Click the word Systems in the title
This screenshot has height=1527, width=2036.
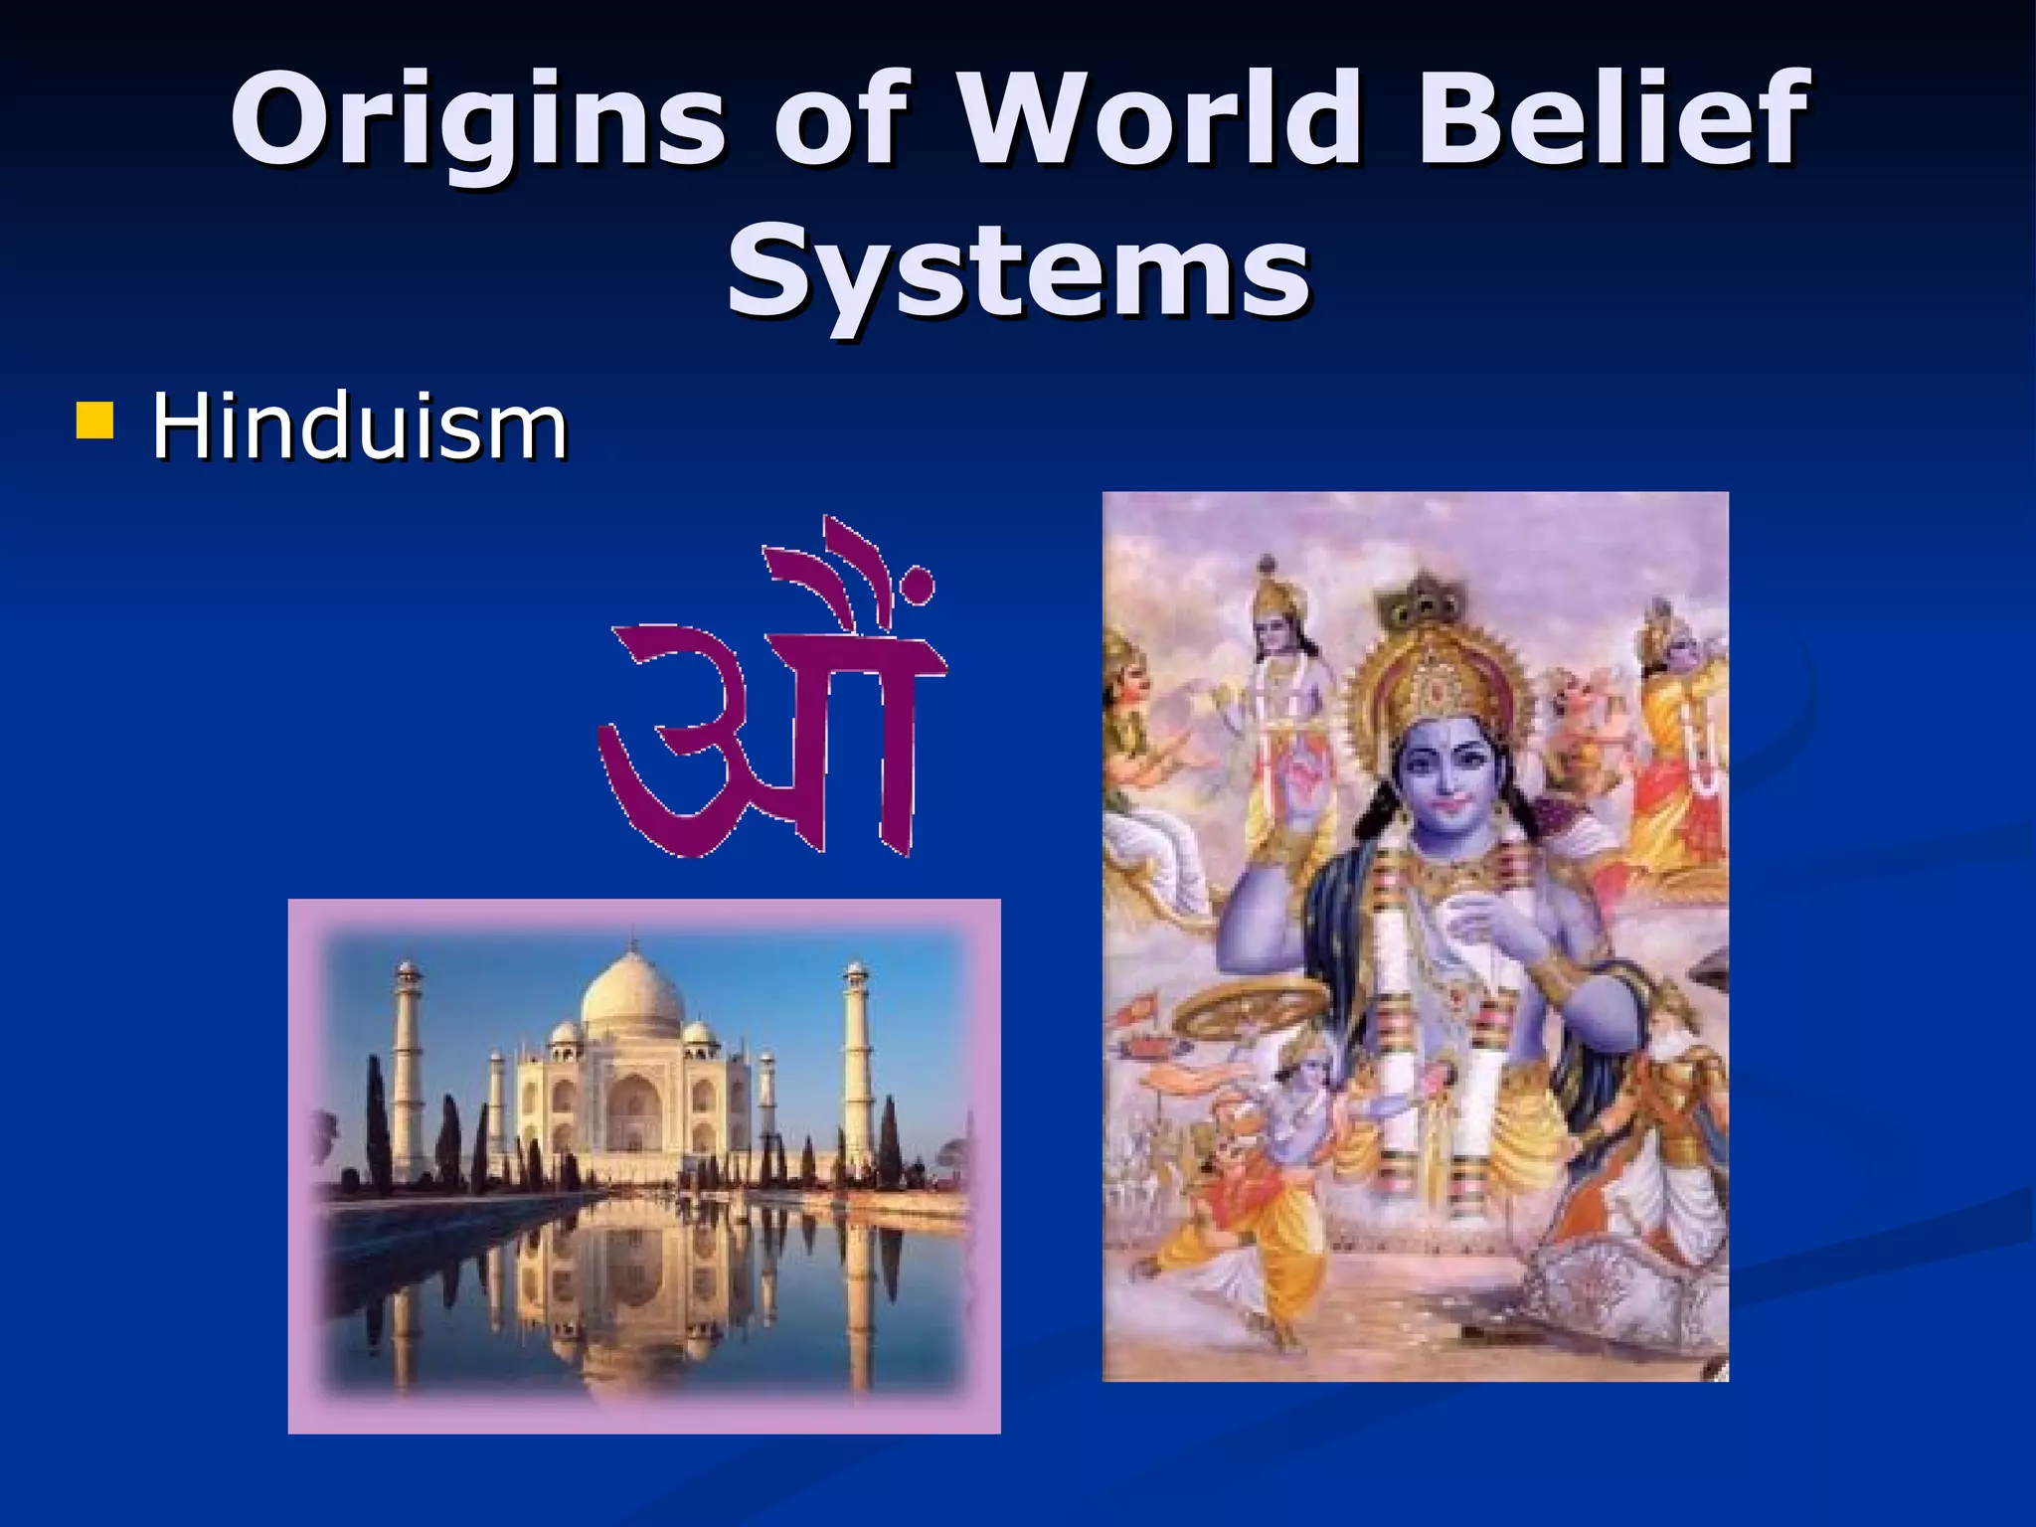[x=1017, y=270]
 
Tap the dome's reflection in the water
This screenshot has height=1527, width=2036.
[x=632, y=1337]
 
